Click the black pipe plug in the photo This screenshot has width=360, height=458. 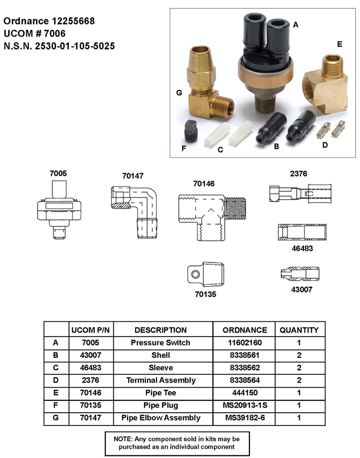pos(192,131)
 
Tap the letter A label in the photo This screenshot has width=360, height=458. pos(296,25)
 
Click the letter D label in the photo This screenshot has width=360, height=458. pos(325,145)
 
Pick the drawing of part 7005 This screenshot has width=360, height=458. pos(59,209)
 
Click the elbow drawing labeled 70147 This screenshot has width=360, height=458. pos(134,212)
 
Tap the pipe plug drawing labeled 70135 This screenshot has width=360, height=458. pos(206,274)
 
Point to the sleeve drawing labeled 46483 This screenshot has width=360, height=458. pos(302,232)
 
